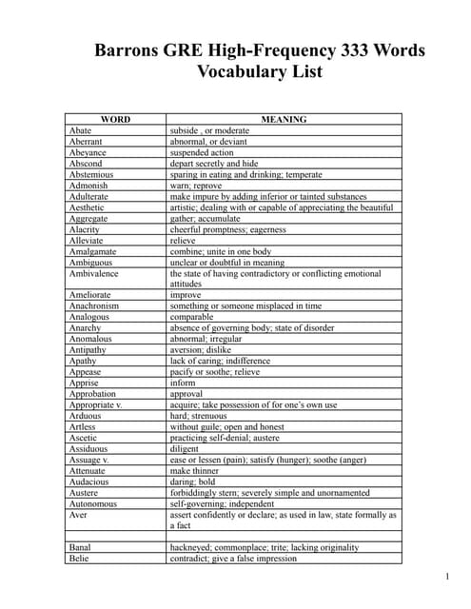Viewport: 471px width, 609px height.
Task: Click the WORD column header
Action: point(115,120)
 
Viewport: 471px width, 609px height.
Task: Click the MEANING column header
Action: point(284,120)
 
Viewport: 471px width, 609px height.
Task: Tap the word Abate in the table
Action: point(81,130)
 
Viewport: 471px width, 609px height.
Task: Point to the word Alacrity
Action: point(86,229)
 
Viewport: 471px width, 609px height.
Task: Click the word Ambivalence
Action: point(94,273)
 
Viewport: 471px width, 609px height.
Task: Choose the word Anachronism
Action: point(94,305)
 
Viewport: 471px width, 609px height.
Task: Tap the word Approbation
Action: point(92,393)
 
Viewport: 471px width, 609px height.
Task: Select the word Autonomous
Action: point(93,503)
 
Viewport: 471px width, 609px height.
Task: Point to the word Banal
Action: point(81,547)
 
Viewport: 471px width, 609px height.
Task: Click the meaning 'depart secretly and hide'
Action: point(214,164)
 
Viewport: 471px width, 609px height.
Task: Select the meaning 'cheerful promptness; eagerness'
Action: point(227,229)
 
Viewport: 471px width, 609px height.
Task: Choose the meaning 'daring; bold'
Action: point(192,481)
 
